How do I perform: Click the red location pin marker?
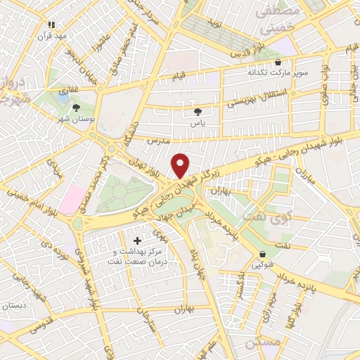tap(181, 165)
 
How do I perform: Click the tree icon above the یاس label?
tap(198, 111)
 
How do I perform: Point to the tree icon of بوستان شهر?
tap(76, 108)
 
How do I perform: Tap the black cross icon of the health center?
tap(136, 241)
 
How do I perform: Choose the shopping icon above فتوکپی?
tap(262, 254)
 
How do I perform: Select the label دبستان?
tap(15, 306)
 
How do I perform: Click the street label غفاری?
tap(67, 90)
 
